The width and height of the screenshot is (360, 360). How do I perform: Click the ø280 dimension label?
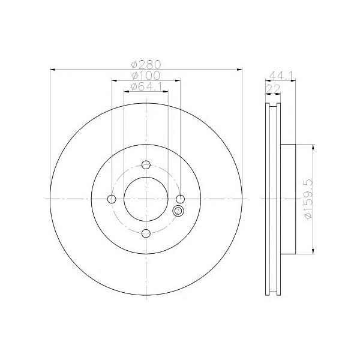tap(146, 65)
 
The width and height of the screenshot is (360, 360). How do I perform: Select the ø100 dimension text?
tap(146, 76)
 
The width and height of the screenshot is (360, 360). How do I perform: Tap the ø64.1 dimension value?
tap(147, 86)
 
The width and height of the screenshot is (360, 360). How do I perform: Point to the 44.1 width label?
tap(281, 75)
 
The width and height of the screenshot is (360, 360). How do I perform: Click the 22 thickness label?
tap(273, 89)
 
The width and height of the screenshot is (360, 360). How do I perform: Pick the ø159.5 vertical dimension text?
tap(308, 199)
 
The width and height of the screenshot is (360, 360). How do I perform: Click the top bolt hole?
tap(146, 164)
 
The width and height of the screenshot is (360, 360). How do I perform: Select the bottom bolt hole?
tap(146, 233)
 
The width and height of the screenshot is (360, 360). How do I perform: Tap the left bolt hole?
tap(112, 199)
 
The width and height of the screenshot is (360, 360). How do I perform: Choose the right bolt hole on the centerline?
tap(180, 199)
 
